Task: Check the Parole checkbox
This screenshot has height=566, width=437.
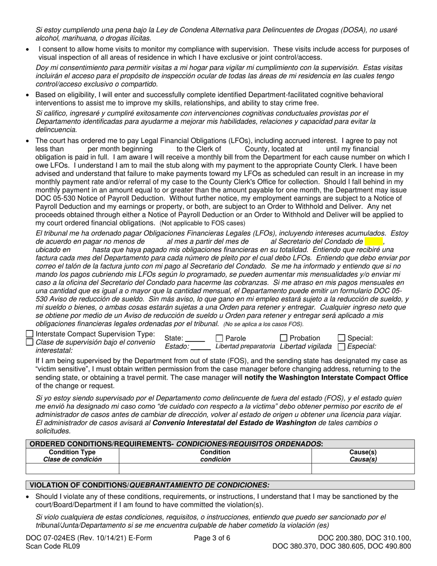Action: pyautogui.click(x=219, y=338)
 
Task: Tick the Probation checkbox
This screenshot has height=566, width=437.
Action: pyautogui.click(x=284, y=338)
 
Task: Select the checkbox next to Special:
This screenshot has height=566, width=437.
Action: pyautogui.click(x=342, y=338)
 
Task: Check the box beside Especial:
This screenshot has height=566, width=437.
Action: pyautogui.click(x=342, y=347)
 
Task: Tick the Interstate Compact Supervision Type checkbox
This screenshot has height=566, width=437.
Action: pyautogui.click(x=30, y=334)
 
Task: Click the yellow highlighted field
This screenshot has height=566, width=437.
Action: pyautogui.click(x=374, y=241)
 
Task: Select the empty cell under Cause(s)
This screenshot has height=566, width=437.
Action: pyautogui.click(x=363, y=468)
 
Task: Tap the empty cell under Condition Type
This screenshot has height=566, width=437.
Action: pyautogui.click(x=73, y=468)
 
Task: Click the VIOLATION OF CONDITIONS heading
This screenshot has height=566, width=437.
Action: pyautogui.click(x=149, y=485)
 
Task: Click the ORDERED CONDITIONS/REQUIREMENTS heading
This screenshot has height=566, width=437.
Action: pyautogui.click(x=176, y=444)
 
